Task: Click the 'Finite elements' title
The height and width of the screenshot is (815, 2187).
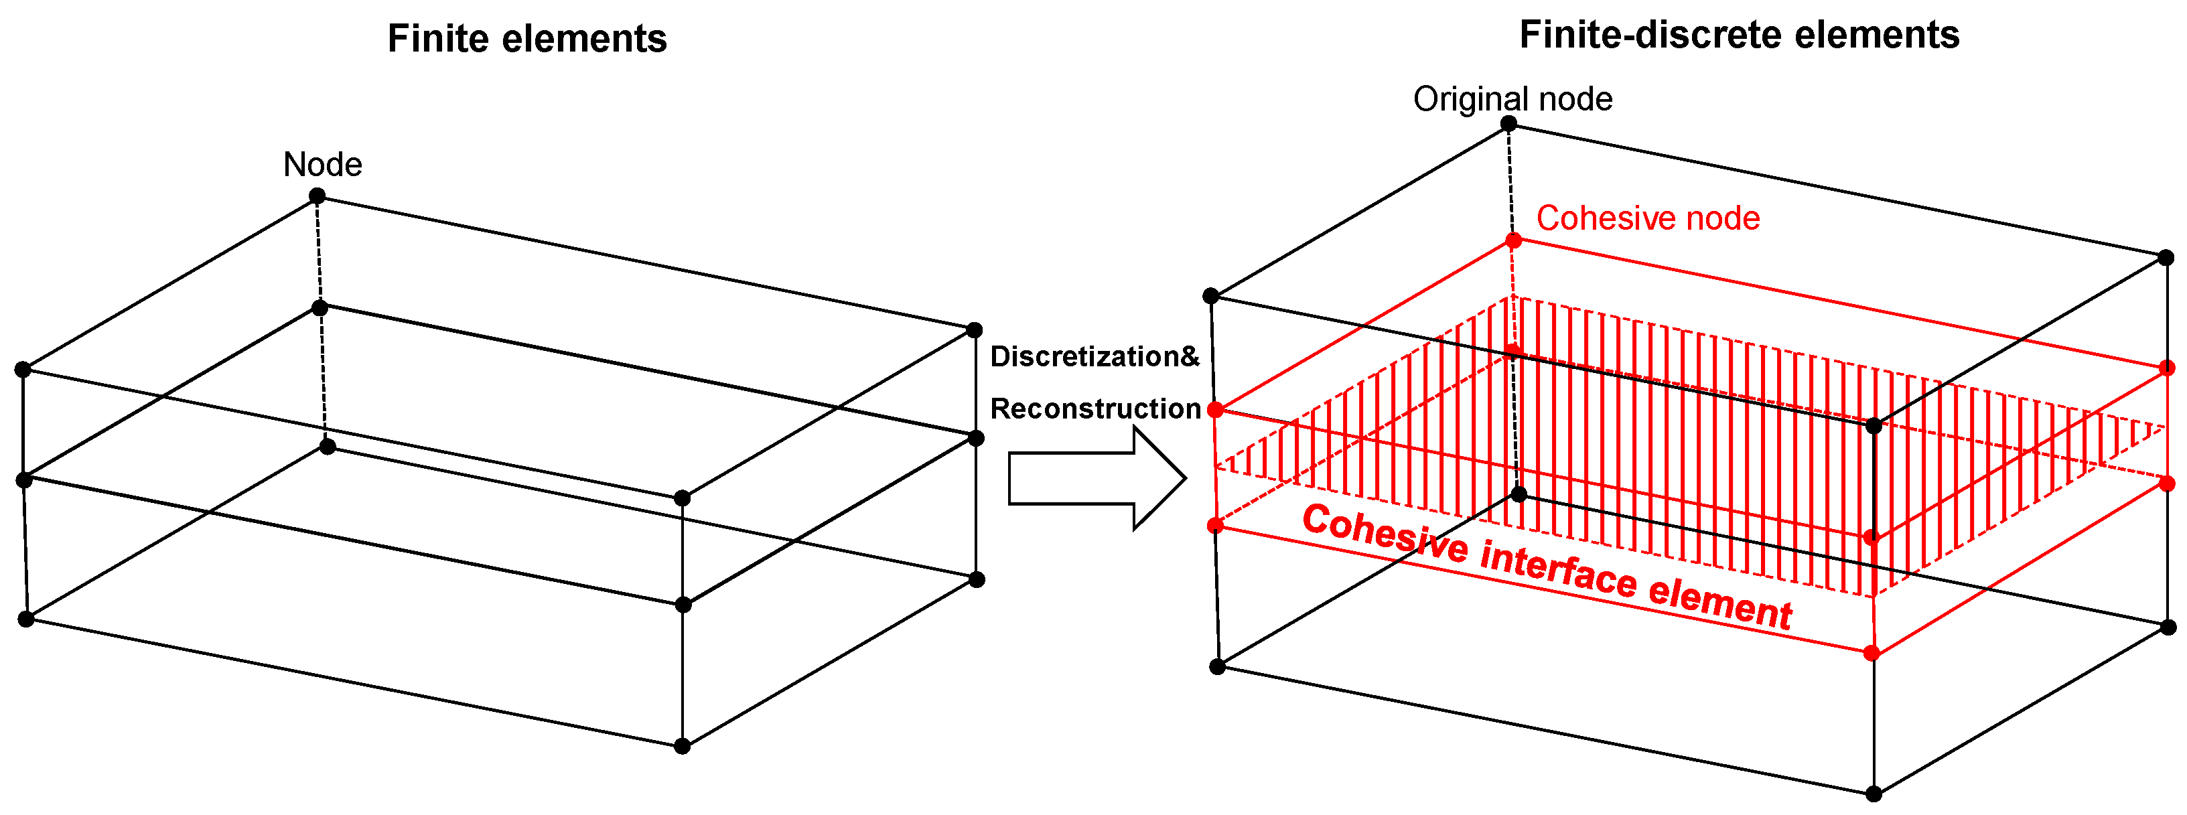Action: coord(526,39)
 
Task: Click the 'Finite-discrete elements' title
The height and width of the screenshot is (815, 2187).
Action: coord(1739,35)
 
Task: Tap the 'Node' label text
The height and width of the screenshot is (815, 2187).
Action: coord(323,165)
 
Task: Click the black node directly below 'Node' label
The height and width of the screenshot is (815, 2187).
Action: coord(317,196)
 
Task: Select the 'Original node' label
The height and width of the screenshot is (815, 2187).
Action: coord(1512,99)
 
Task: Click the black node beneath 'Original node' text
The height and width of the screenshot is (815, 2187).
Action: coord(1508,124)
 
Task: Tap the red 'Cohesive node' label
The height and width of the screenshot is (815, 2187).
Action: coord(1648,218)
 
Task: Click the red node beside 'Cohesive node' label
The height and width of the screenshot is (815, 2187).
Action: coord(1514,241)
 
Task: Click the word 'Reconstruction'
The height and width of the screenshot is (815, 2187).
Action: coord(1095,409)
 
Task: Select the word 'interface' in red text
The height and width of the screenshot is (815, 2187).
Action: coord(1558,567)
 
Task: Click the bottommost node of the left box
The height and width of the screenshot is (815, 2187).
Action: coord(682,746)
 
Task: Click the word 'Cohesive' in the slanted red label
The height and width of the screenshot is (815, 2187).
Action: coord(1384,533)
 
